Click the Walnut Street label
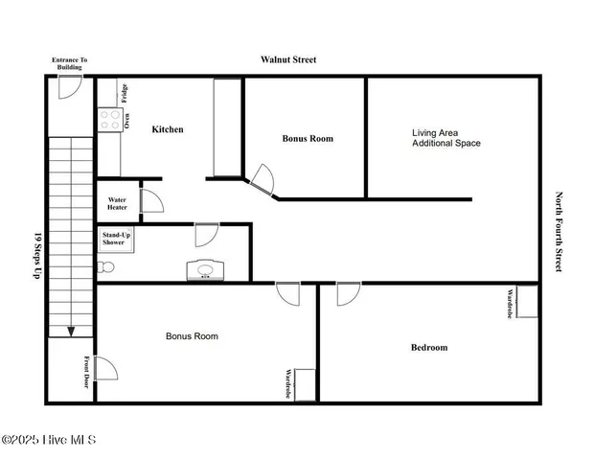tap(288, 59)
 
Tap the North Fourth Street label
tap(560, 232)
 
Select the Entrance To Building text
tap(69, 64)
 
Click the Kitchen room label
tap(168, 129)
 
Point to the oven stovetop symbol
tap(107, 121)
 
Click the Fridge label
tap(125, 93)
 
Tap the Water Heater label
tap(115, 203)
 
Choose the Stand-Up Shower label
tap(114, 239)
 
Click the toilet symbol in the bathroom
tap(106, 266)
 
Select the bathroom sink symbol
tap(204, 270)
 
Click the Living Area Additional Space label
tap(445, 138)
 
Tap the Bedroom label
tap(429, 348)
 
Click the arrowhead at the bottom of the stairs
tap(71, 332)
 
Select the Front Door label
tap(85, 369)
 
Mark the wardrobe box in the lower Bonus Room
tap(305, 384)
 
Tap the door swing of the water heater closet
tap(152, 200)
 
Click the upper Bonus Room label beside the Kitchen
tap(308, 139)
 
